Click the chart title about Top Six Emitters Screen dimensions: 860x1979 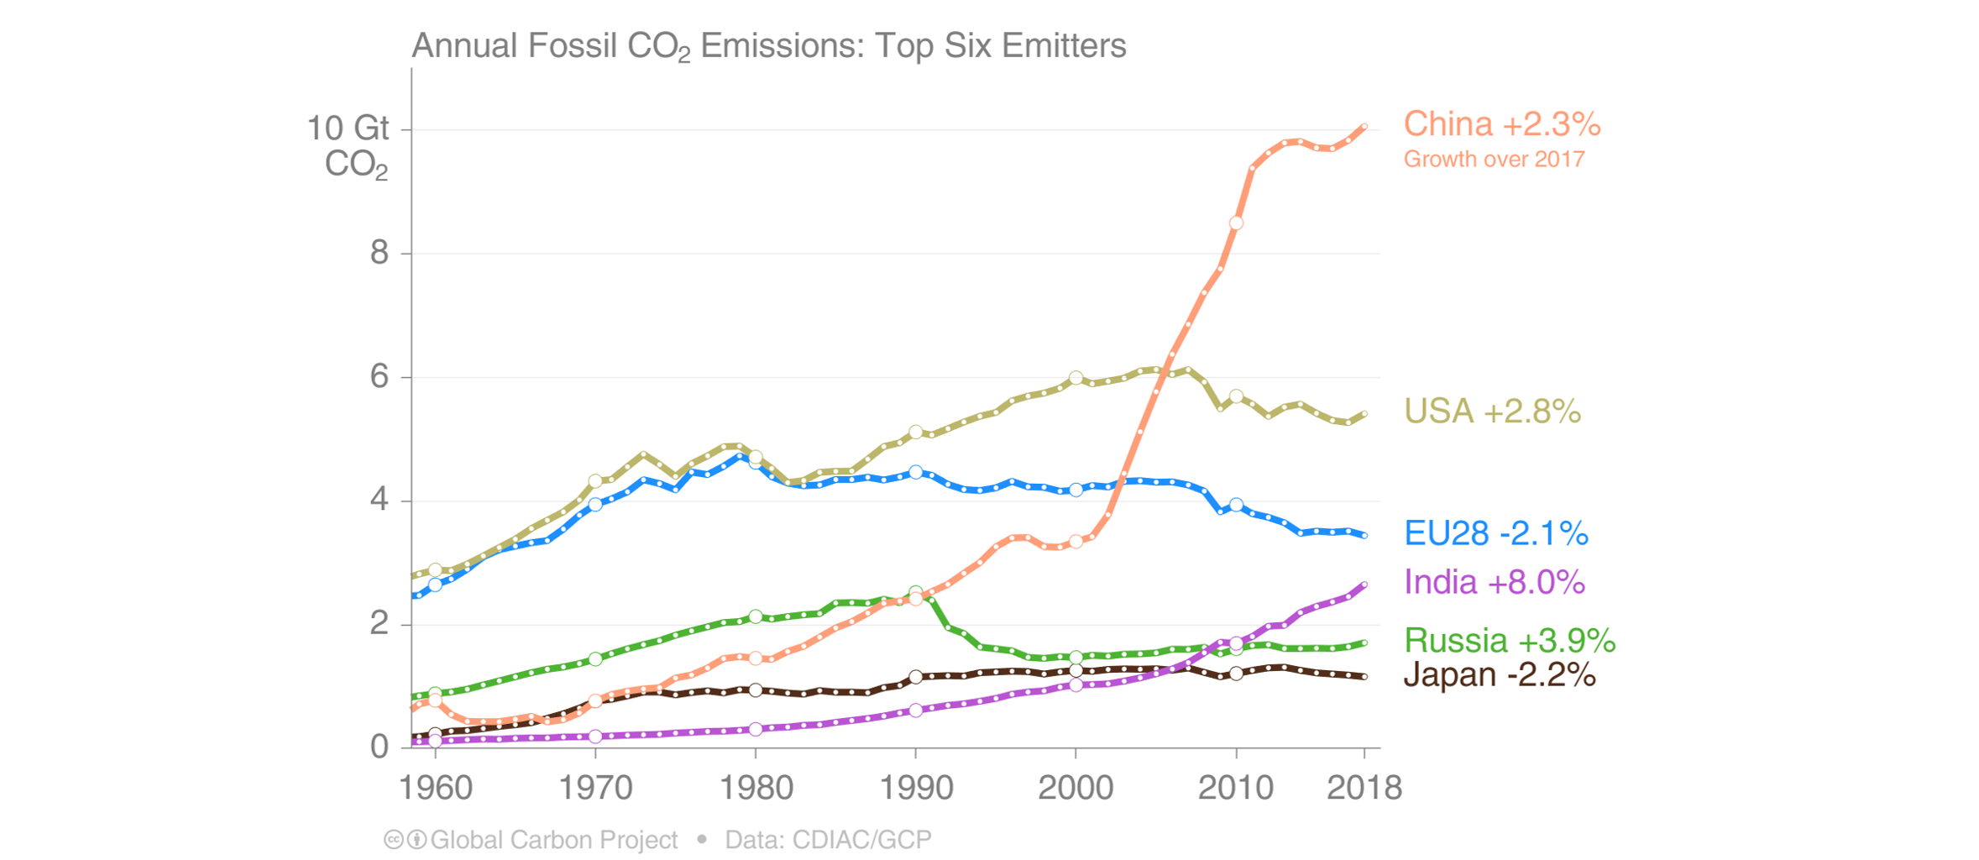pyautogui.click(x=768, y=46)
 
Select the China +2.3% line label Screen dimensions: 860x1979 pyautogui.click(x=1501, y=124)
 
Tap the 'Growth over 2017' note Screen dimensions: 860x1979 pyautogui.click(x=1494, y=160)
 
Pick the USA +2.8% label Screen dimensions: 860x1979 pyautogui.click(x=1492, y=412)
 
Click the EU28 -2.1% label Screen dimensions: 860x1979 pyautogui.click(x=1495, y=533)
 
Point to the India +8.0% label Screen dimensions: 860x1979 pyautogui.click(x=1494, y=582)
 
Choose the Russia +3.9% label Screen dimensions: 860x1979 pyautogui.click(x=1509, y=641)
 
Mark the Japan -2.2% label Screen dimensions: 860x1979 pyautogui.click(x=1499, y=675)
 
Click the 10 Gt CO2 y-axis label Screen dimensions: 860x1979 pyautogui.click(x=348, y=145)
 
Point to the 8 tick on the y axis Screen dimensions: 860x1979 pyautogui.click(x=380, y=253)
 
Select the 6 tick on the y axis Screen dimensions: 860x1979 pyautogui.click(x=380, y=376)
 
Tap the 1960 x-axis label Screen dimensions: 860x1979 pyautogui.click(x=435, y=788)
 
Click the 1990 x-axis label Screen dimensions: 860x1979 pyautogui.click(x=915, y=788)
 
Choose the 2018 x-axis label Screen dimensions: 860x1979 pyautogui.click(x=1364, y=788)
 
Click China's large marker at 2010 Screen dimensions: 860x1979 pyautogui.click(x=1236, y=223)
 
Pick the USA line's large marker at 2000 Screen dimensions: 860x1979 pyautogui.click(x=1076, y=378)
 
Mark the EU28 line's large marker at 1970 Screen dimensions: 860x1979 pyautogui.click(x=595, y=505)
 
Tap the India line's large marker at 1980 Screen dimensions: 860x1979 pyautogui.click(x=756, y=729)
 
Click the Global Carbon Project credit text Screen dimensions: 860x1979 pyautogui.click(x=553, y=840)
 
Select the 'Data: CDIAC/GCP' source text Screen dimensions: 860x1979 pyautogui.click(x=828, y=840)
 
